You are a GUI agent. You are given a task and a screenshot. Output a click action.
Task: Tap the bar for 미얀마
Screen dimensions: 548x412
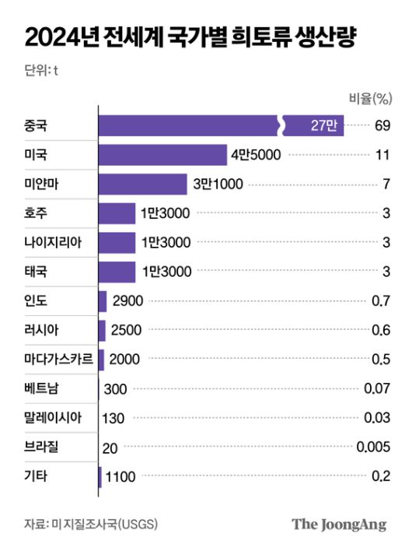click(142, 184)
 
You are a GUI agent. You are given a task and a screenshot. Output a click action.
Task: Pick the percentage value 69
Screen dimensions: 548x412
click(381, 125)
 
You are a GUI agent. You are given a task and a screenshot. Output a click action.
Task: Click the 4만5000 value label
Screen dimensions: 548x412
click(254, 154)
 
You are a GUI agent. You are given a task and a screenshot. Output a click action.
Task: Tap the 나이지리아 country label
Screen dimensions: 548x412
click(51, 242)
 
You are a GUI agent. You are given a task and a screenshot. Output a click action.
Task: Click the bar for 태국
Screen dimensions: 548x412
click(117, 271)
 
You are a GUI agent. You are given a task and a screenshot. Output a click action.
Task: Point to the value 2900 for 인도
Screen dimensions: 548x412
click(127, 300)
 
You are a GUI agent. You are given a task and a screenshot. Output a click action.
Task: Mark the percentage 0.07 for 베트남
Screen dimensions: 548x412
click(377, 388)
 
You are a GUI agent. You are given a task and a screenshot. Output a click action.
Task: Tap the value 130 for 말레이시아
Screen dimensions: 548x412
click(113, 417)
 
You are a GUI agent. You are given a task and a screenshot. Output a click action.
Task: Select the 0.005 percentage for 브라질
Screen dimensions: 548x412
click(372, 446)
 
